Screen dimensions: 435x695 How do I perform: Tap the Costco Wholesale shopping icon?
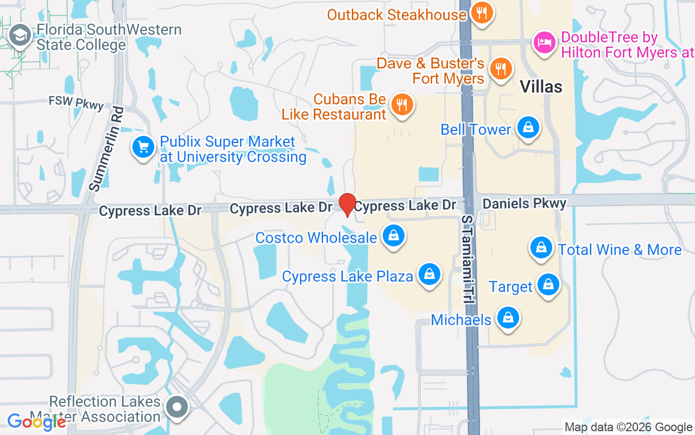point(394,236)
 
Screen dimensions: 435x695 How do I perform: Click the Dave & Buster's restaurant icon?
point(501,69)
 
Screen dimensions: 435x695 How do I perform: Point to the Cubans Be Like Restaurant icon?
point(402,104)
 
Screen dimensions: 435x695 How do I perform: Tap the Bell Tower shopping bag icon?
point(527,127)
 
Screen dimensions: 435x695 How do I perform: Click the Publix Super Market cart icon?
point(143,147)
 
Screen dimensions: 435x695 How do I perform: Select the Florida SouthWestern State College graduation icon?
point(21,36)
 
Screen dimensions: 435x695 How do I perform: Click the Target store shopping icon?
point(548,284)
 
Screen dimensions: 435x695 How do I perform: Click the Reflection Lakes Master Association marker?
point(176,407)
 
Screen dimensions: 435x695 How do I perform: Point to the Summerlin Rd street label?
point(106,148)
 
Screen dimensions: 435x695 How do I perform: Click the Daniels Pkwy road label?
point(524,203)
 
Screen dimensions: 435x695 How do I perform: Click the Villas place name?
point(541,86)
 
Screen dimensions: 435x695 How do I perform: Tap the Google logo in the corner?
point(36,421)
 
